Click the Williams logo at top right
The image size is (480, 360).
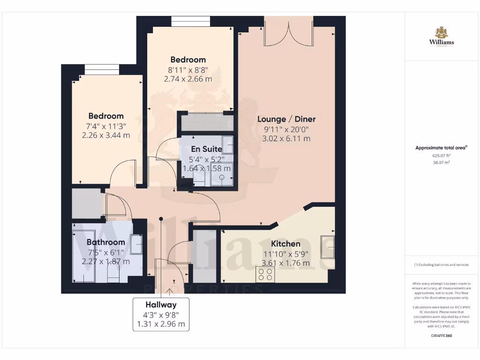(442, 37)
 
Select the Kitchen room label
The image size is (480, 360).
(286, 244)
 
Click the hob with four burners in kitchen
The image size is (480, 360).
(265, 274)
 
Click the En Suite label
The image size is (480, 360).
(206, 149)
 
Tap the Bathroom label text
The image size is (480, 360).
(106, 242)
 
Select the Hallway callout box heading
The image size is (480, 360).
(161, 304)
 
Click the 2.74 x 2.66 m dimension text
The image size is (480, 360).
(188, 79)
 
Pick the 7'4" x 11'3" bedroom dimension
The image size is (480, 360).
(106, 126)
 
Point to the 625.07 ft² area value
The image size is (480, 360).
(442, 155)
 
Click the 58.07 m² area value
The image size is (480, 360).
(442, 162)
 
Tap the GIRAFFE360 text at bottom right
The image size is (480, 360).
(442, 336)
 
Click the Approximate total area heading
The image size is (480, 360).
(441, 148)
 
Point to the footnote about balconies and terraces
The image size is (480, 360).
(441, 265)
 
